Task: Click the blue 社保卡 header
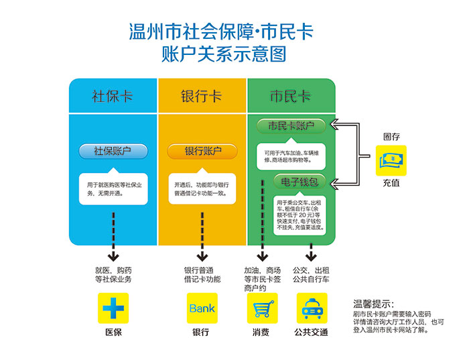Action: (x=113, y=96)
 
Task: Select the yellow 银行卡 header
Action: (x=202, y=96)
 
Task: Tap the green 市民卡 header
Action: (x=290, y=96)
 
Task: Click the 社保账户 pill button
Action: (x=113, y=151)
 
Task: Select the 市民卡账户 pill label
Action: (x=291, y=125)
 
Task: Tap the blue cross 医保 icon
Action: (x=113, y=308)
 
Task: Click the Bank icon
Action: (x=202, y=308)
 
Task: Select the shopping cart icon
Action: (x=263, y=308)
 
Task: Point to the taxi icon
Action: (x=312, y=308)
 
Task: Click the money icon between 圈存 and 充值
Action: (x=391, y=161)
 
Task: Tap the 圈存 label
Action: (x=391, y=137)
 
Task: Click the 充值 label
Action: (x=391, y=183)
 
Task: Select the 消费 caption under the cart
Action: (x=262, y=333)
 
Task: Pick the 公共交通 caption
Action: (x=312, y=333)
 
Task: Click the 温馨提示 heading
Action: (x=373, y=304)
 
